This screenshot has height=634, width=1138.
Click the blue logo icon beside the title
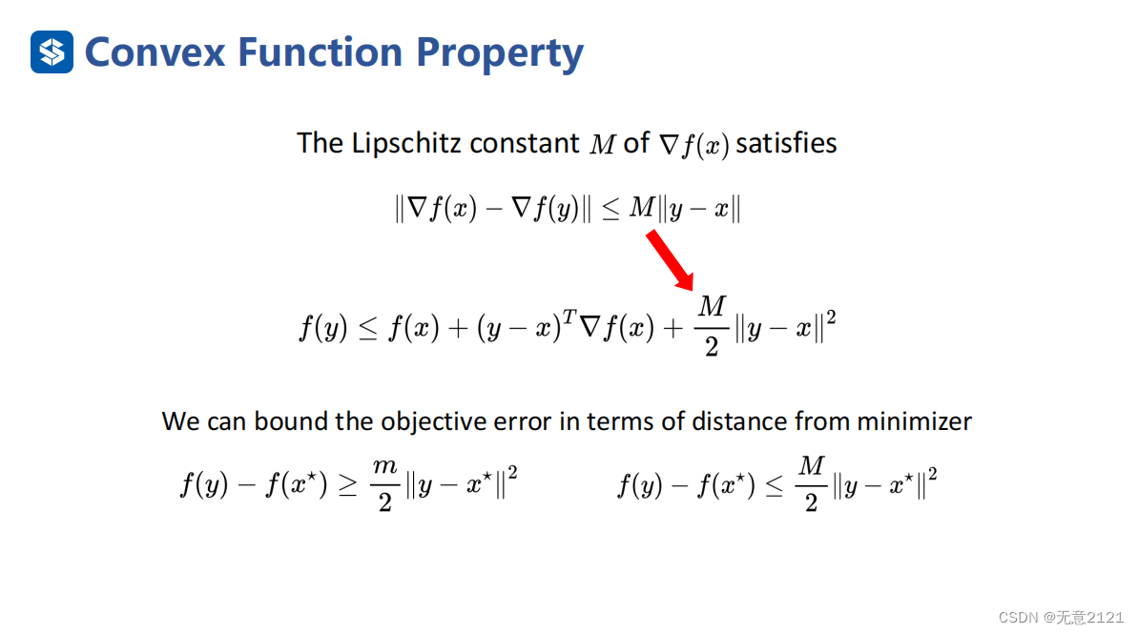[52, 52]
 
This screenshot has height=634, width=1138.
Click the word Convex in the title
[155, 53]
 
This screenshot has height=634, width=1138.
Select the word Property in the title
[499, 53]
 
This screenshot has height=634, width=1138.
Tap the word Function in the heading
[321, 52]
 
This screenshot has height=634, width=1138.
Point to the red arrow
[670, 260]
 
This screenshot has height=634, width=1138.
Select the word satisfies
[786, 143]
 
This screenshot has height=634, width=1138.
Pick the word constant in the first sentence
[525, 144]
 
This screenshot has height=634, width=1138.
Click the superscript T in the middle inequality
[569, 317]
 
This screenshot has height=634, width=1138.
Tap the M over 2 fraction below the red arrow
[712, 326]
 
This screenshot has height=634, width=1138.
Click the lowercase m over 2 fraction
[384, 484]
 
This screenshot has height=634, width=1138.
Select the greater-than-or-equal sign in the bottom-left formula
[348, 486]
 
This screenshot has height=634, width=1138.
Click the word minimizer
[914, 420]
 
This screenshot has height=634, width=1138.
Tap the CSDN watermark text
[1061, 618]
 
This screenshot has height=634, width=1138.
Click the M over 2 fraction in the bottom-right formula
[812, 484]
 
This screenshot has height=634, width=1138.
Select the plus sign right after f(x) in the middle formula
[458, 329]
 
